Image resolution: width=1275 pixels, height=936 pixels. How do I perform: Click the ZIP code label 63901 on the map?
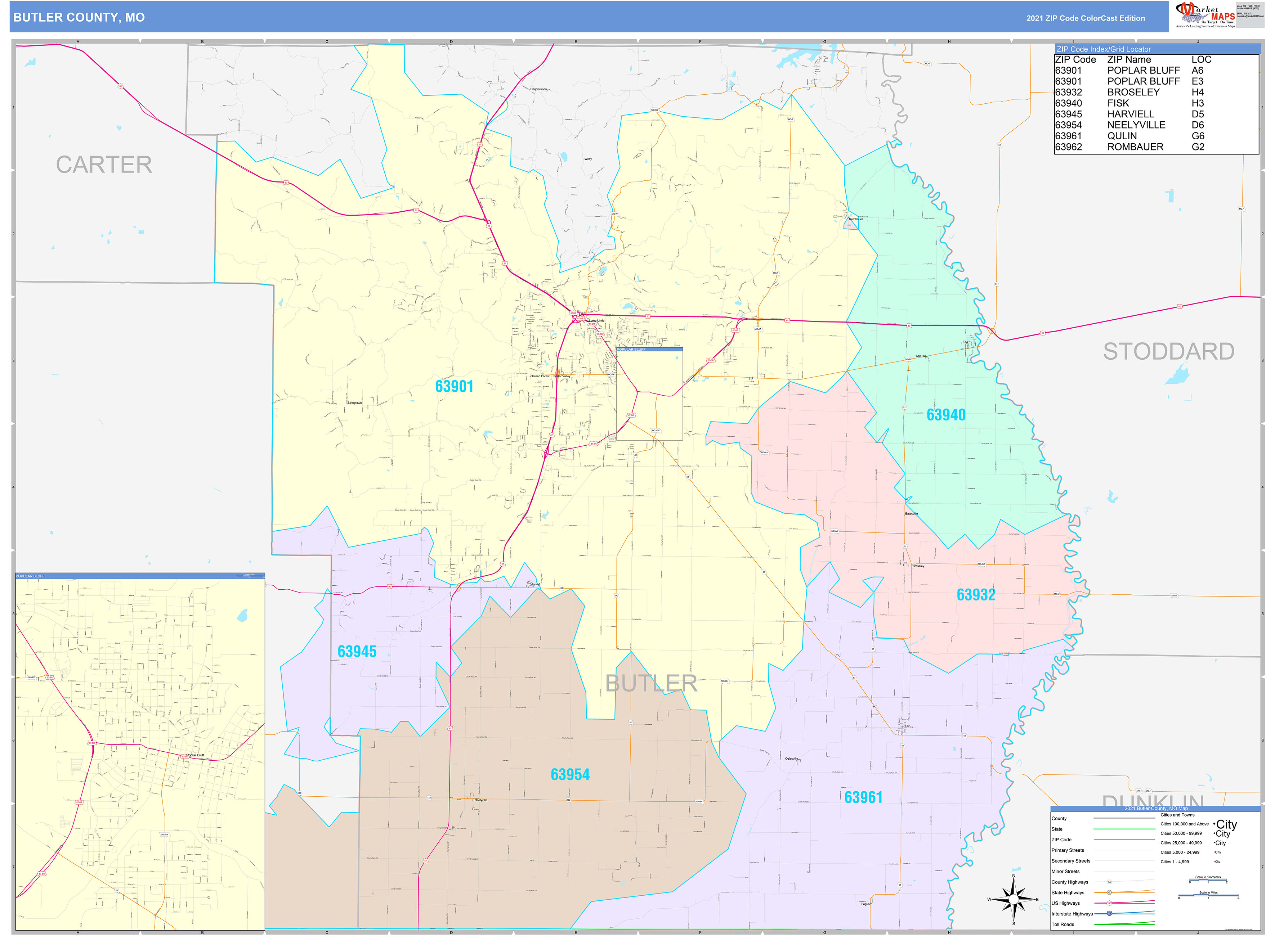[x=454, y=386]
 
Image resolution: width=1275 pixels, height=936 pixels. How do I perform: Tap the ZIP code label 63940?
[x=945, y=415]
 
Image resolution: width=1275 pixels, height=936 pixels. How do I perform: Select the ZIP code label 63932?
[x=976, y=595]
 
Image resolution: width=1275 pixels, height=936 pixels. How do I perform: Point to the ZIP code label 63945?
[x=357, y=652]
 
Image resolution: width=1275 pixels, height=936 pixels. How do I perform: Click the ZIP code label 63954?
[x=570, y=774]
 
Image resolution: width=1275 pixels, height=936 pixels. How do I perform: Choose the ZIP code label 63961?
[x=863, y=797]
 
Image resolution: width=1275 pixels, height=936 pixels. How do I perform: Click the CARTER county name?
[x=104, y=165]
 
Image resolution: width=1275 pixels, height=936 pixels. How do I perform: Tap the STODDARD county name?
[x=1168, y=351]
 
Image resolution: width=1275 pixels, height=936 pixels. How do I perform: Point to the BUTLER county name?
[x=651, y=683]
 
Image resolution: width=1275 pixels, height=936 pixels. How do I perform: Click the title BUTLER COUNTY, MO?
[x=79, y=18]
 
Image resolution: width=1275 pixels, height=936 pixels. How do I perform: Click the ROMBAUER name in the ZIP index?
[x=1135, y=147]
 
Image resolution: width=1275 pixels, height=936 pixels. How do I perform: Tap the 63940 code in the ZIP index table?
[x=1068, y=103]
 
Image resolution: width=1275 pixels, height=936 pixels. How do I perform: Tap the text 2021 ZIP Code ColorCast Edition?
[x=1085, y=18]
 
